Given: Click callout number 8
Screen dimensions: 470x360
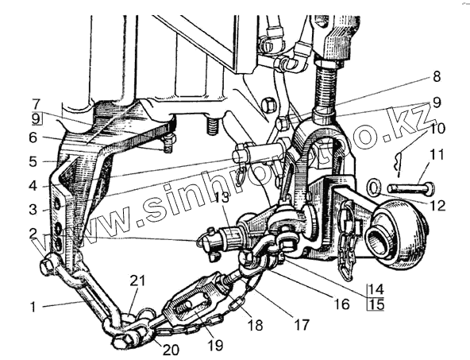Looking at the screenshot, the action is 437,76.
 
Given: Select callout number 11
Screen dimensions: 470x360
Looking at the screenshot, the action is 437,155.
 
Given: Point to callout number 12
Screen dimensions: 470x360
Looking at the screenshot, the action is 437,206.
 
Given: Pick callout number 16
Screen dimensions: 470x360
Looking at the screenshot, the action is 341,304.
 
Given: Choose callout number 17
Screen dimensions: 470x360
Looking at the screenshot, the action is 302,324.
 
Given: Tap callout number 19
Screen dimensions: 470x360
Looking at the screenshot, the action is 215,345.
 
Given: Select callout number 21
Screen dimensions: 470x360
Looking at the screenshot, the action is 137,281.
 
